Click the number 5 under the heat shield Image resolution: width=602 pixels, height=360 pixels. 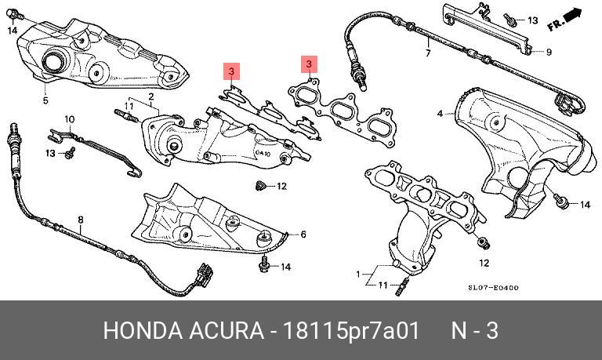pyautogui.click(x=45, y=100)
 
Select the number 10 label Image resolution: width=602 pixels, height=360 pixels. pyautogui.click(x=69, y=119)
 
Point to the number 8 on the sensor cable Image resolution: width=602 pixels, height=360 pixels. pyautogui.click(x=80, y=220)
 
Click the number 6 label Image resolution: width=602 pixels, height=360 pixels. pyautogui.click(x=303, y=235)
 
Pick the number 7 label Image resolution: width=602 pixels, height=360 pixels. pyautogui.click(x=428, y=54)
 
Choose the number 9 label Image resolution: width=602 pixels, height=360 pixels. pyautogui.click(x=549, y=53)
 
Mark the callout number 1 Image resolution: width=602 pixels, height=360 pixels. pyautogui.click(x=359, y=275)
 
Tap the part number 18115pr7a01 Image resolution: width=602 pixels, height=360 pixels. pyautogui.click(x=354, y=330)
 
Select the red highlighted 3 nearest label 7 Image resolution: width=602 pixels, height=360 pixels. pyautogui.click(x=309, y=63)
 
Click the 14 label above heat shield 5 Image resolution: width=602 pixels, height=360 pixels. pyautogui.click(x=12, y=31)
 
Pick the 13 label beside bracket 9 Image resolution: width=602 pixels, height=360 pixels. pyautogui.click(x=533, y=20)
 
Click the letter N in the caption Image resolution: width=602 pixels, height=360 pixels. pyautogui.click(x=459, y=330)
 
